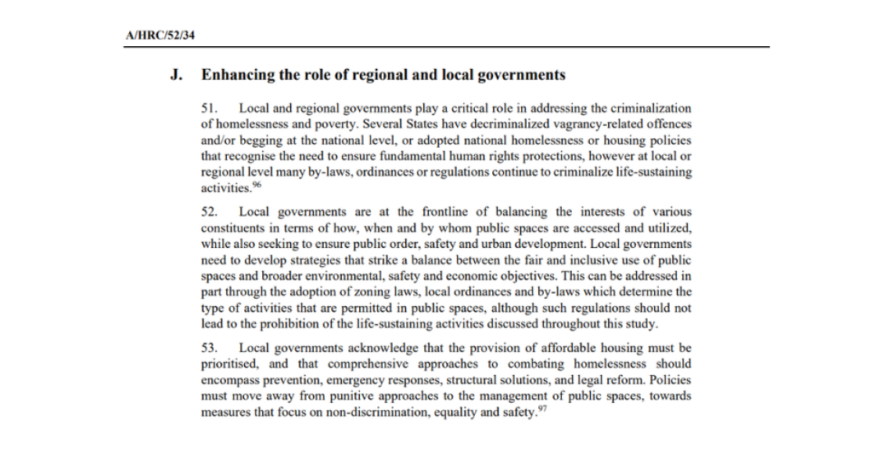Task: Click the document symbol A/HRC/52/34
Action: pos(159,37)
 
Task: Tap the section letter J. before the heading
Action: pos(177,76)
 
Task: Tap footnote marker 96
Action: pos(256,185)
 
